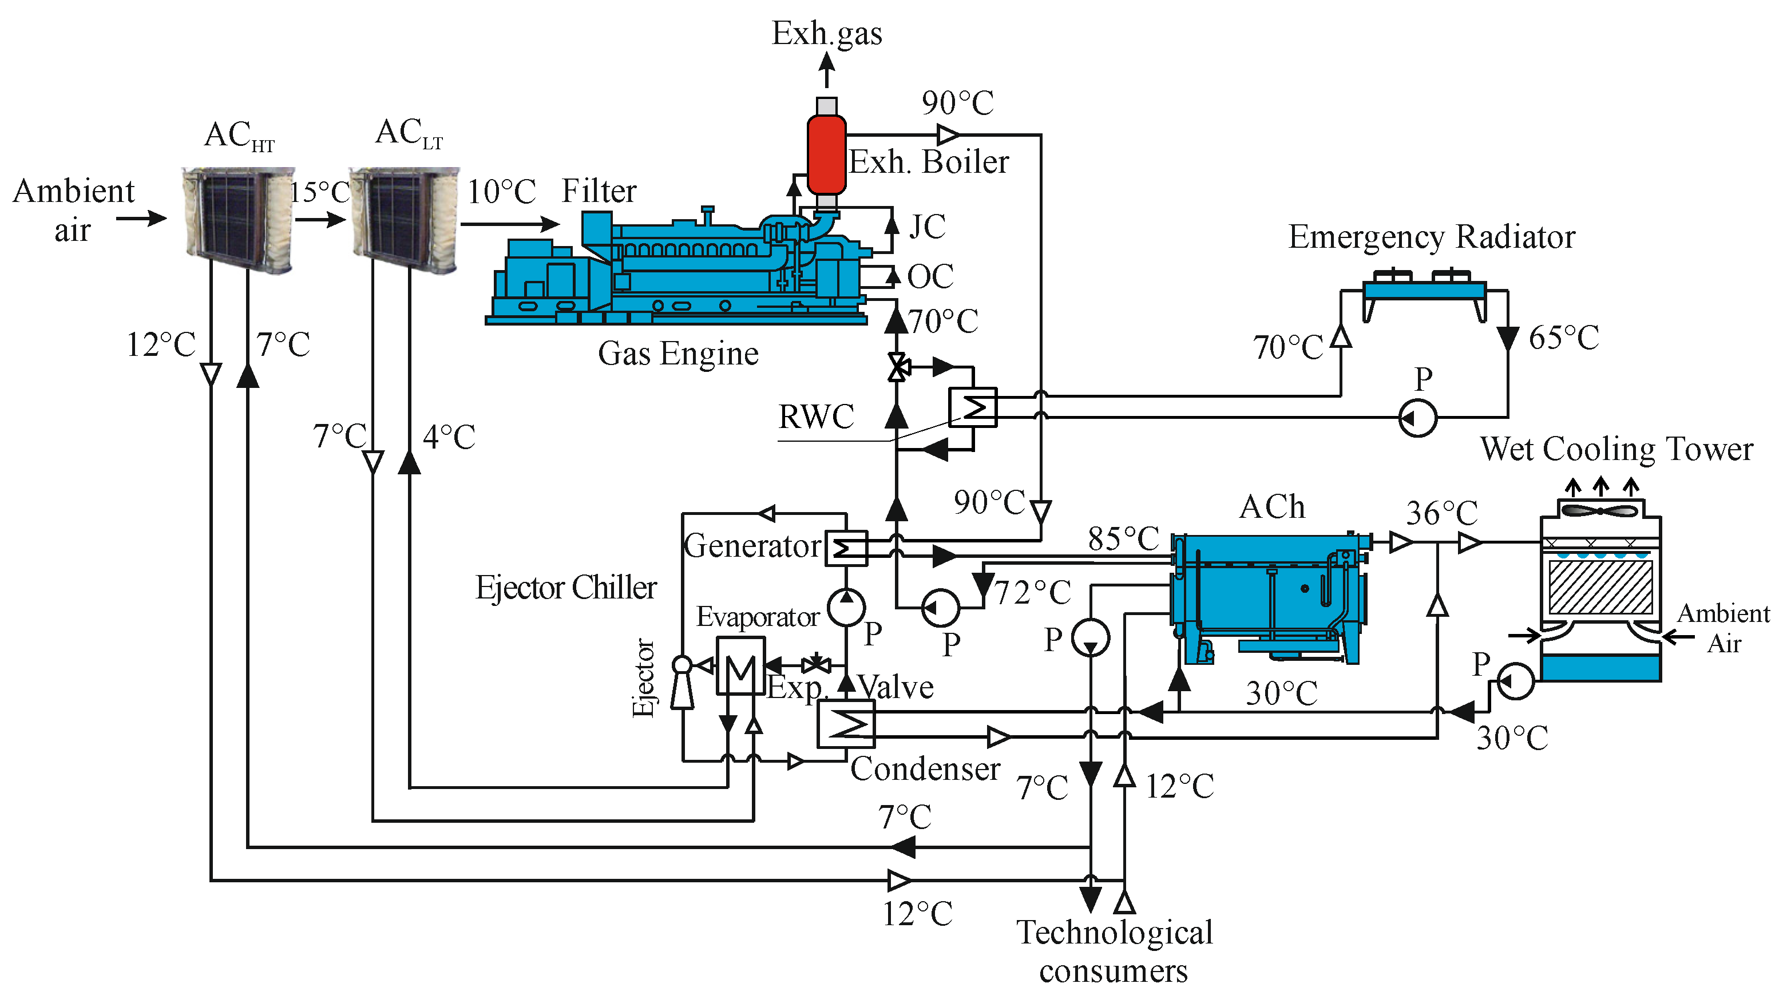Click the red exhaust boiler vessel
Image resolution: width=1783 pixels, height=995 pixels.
(x=826, y=154)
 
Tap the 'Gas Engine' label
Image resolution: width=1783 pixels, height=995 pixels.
(x=677, y=354)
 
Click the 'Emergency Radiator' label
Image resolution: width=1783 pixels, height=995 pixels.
(x=1432, y=237)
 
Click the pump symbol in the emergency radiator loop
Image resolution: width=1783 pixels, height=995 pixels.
(x=1417, y=417)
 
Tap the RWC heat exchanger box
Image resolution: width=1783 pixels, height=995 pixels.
(x=973, y=407)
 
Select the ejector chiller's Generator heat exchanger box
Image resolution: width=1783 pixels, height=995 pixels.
(x=846, y=549)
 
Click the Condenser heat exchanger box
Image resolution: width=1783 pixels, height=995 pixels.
(x=846, y=724)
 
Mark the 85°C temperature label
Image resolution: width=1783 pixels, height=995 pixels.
(x=1123, y=538)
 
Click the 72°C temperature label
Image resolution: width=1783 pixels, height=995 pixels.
(x=1033, y=592)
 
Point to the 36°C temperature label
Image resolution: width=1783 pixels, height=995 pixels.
(x=1442, y=513)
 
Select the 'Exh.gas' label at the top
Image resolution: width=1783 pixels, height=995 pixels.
(x=826, y=34)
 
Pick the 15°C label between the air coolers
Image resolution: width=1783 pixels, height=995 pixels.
(x=320, y=192)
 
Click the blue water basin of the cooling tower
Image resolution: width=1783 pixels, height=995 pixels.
(x=1600, y=668)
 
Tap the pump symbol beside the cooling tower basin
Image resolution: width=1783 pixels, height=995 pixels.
(x=1515, y=681)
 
